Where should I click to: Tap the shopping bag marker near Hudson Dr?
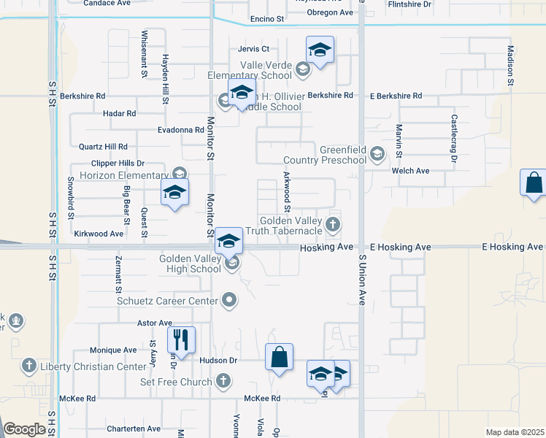(x=279, y=358)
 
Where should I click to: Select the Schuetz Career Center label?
(x=167, y=301)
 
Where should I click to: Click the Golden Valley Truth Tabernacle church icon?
(x=334, y=224)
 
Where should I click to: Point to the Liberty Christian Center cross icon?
(x=28, y=365)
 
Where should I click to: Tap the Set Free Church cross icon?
(x=223, y=381)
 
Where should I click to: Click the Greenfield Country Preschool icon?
(x=377, y=153)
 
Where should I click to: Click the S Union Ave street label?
(x=361, y=279)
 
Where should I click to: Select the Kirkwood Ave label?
(x=99, y=234)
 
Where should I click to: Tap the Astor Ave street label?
(x=154, y=323)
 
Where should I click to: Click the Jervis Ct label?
(x=253, y=49)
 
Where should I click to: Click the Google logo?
(x=25, y=429)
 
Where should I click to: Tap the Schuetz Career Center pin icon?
(x=230, y=299)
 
